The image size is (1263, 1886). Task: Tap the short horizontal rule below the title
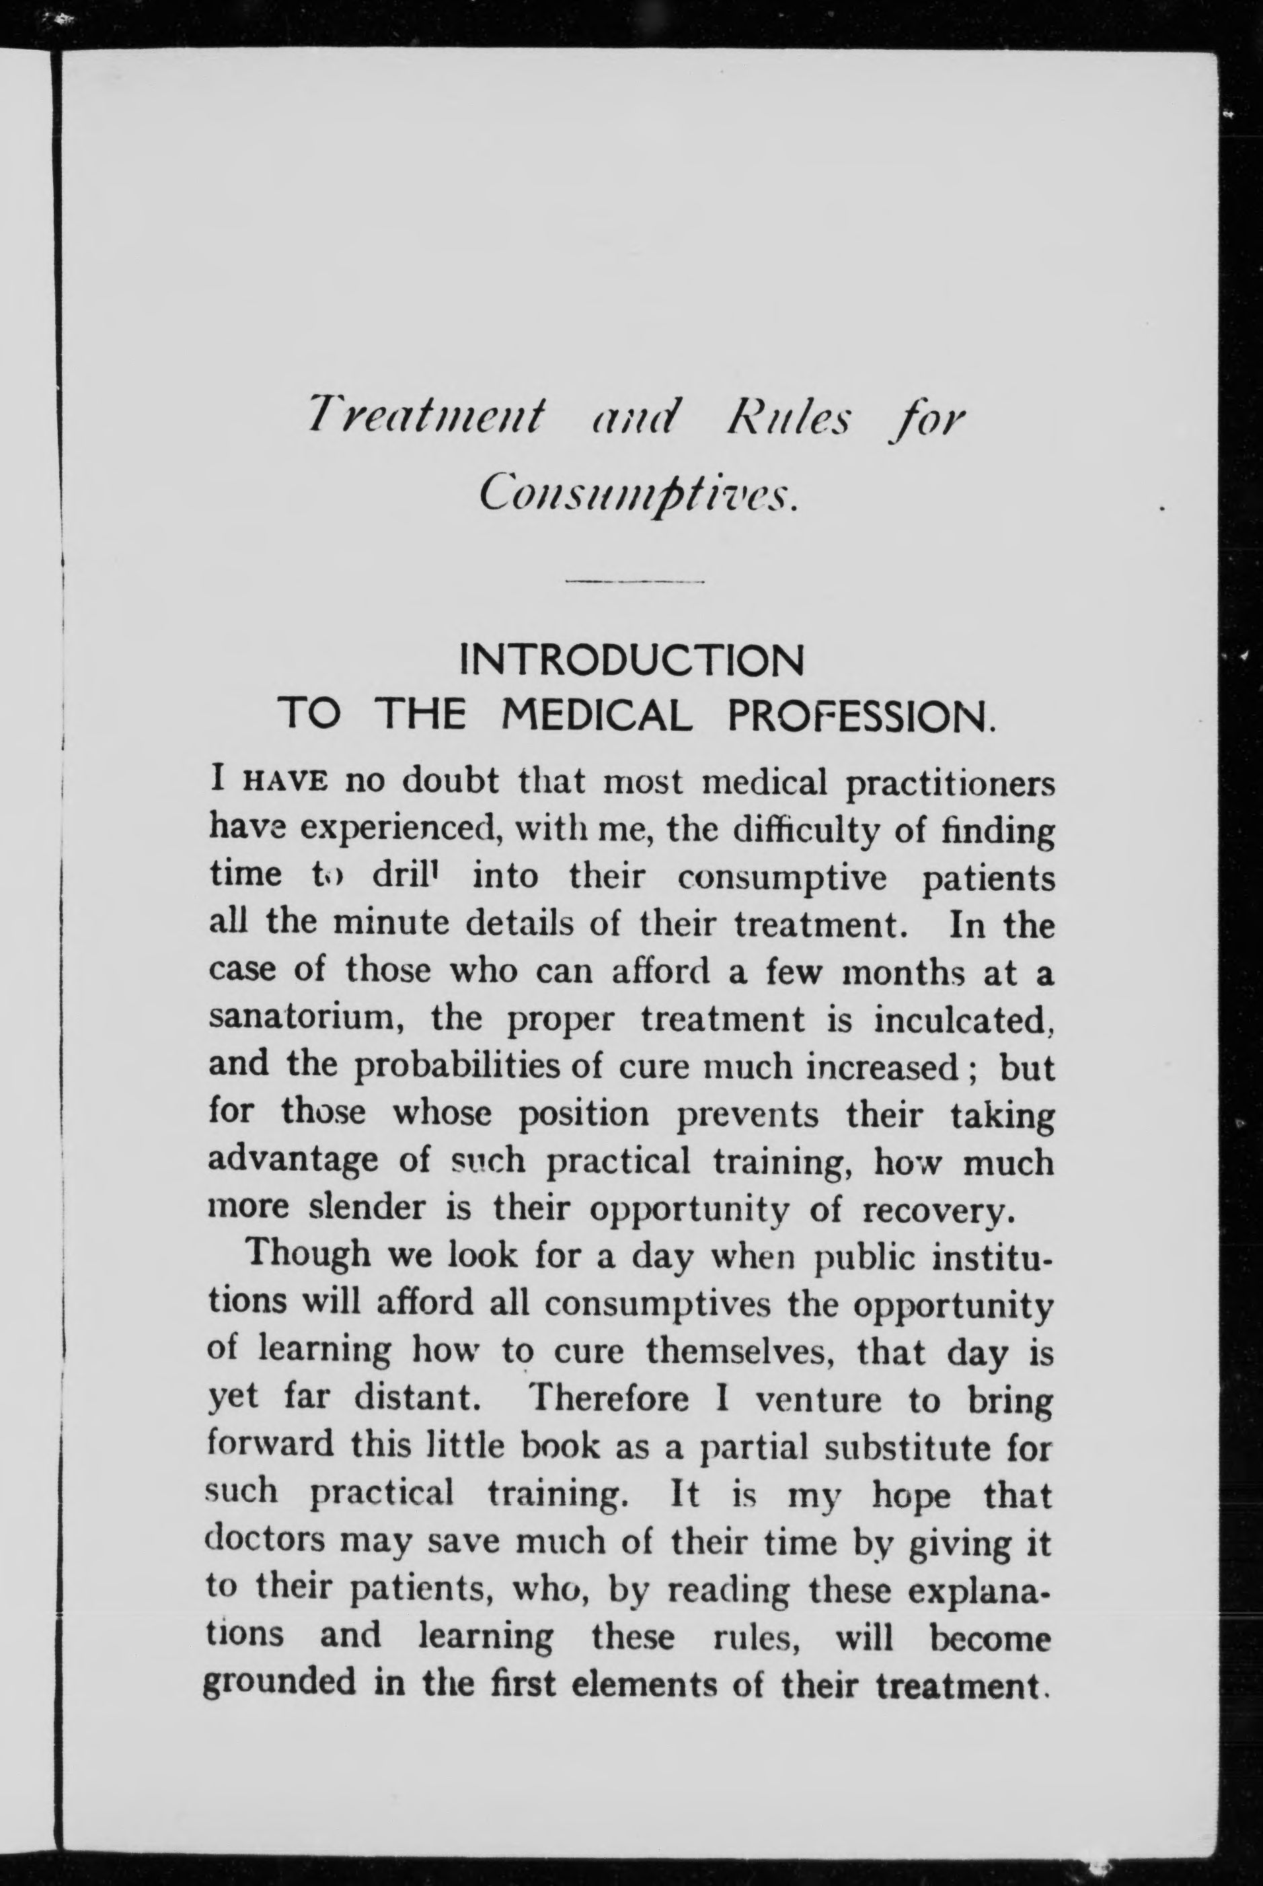636,581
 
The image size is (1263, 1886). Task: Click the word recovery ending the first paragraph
935,1208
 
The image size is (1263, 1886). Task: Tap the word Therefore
608,1397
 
